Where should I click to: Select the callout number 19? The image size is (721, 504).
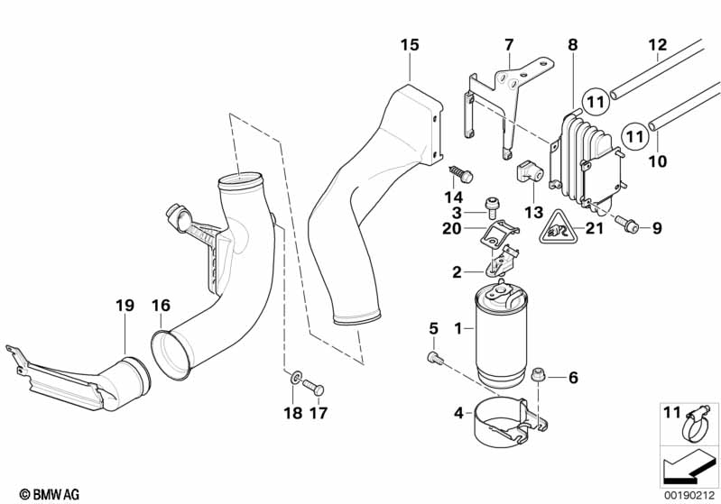(x=124, y=306)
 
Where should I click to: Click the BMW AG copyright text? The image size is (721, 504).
(x=43, y=493)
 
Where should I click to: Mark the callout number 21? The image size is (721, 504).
(x=594, y=229)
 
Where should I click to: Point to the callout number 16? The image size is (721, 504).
(x=161, y=306)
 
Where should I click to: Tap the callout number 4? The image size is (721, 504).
(x=459, y=413)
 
